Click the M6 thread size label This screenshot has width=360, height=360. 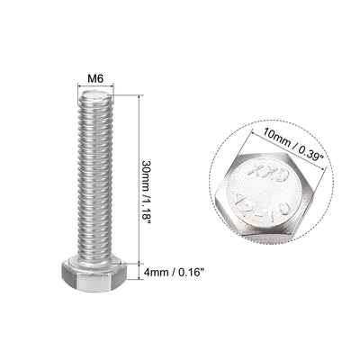click(95, 78)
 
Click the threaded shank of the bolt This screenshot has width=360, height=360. click(95, 171)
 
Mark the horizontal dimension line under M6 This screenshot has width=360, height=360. click(95, 89)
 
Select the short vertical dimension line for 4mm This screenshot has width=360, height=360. click(140, 268)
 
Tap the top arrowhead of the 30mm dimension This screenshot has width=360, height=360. click(140, 95)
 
